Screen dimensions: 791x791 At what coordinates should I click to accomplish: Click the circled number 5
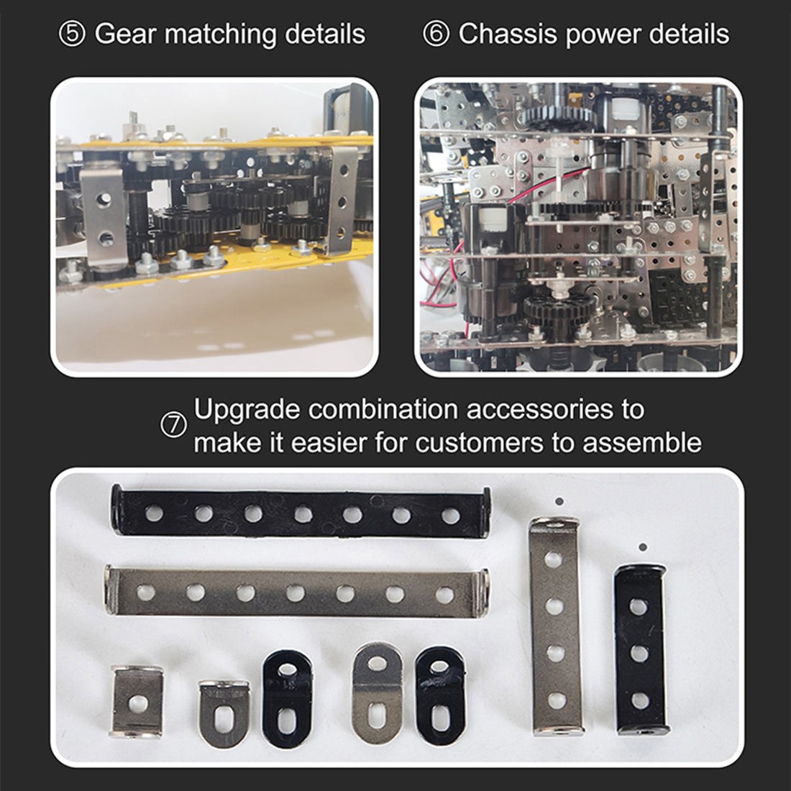[72, 35]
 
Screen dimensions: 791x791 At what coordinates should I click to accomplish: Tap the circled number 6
[436, 35]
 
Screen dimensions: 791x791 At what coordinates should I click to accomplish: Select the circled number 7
[173, 425]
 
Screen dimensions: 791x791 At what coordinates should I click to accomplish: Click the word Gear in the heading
[126, 35]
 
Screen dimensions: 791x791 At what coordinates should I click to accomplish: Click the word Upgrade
[247, 410]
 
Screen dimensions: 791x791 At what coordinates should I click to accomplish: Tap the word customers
[480, 443]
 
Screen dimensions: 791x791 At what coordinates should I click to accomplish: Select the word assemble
[642, 443]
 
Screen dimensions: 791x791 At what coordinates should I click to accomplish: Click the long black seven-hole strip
[301, 512]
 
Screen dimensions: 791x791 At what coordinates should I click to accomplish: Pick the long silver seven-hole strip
[296, 592]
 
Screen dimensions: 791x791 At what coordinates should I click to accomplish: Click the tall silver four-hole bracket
[555, 626]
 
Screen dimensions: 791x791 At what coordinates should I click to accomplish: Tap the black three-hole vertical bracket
[640, 650]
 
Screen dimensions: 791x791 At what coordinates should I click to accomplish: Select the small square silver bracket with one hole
[137, 702]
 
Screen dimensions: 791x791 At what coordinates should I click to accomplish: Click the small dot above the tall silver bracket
[559, 501]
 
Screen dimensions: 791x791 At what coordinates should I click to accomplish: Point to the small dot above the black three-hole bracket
[643, 547]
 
